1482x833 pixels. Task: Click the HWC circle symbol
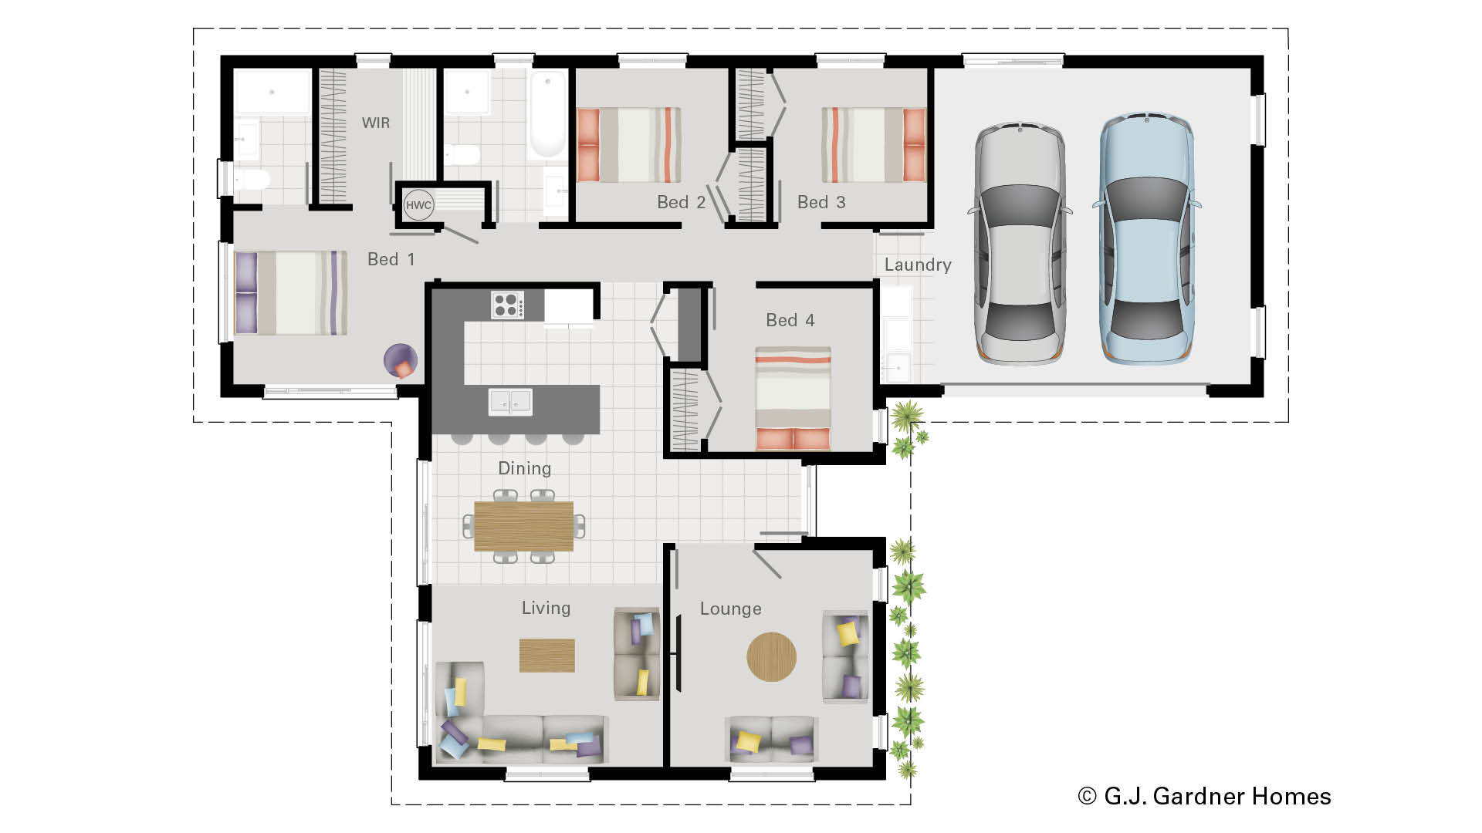tap(418, 205)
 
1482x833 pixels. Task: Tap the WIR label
tap(376, 123)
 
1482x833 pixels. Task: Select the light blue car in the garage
tap(1146, 239)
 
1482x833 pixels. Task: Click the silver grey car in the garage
tap(1019, 243)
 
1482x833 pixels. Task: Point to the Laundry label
tap(917, 265)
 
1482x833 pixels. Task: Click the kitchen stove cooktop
tap(507, 305)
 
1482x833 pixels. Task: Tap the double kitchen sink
tap(510, 402)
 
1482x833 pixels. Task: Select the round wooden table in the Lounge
tap(771, 657)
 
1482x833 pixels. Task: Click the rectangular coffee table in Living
tap(546, 656)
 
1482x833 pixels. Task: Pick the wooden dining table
tap(523, 526)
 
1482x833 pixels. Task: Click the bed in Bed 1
tap(290, 293)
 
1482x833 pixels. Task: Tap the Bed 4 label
tap(790, 320)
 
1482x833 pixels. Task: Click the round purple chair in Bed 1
tap(401, 360)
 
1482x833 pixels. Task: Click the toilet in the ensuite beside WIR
tap(251, 180)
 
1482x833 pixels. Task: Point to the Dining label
tap(524, 468)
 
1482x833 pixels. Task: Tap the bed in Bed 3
tap(874, 145)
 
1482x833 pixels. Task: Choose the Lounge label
tap(730, 609)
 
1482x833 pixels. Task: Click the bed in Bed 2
tap(629, 145)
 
